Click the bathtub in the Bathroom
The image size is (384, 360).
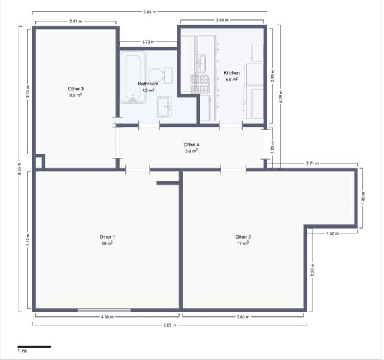(x=133, y=79)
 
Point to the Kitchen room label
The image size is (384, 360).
(x=231, y=73)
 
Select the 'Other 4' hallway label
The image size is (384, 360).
(x=191, y=144)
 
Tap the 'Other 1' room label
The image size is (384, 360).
(x=107, y=237)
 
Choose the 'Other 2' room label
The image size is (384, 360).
(x=243, y=237)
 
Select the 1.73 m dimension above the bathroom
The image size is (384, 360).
(x=148, y=42)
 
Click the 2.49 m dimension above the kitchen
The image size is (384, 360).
(x=222, y=21)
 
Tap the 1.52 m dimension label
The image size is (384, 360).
(x=333, y=234)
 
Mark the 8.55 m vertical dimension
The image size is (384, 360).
(x=19, y=169)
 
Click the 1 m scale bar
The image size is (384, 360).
(x=34, y=346)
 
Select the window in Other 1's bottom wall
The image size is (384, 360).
(x=104, y=310)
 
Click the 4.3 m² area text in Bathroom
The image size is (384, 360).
(x=148, y=90)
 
